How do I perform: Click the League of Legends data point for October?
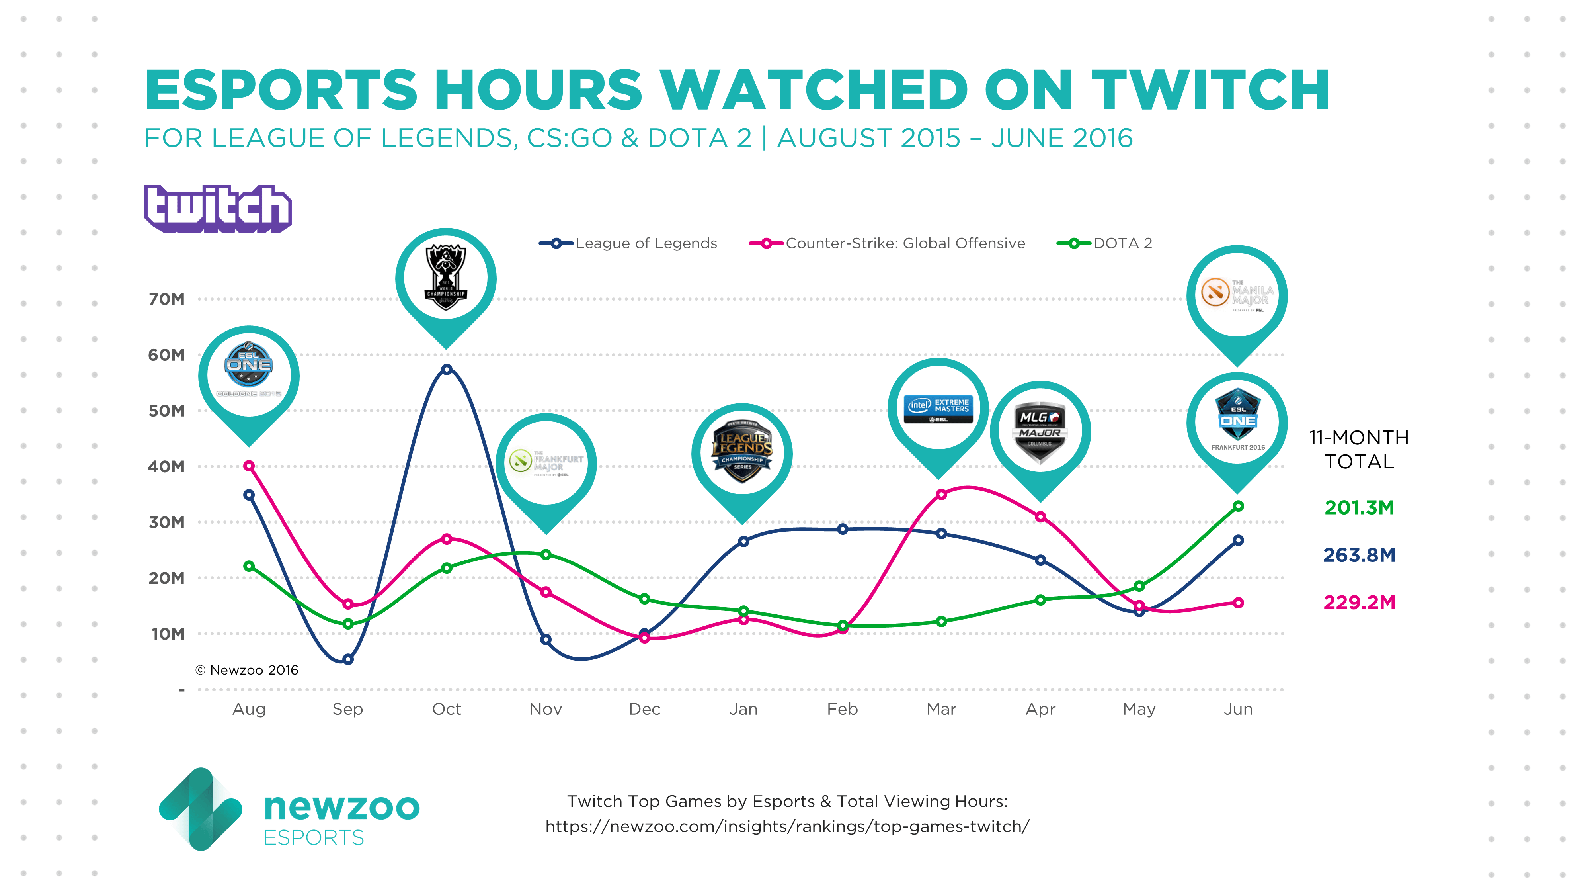pyautogui.click(x=446, y=369)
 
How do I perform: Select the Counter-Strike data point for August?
pyautogui.click(x=249, y=466)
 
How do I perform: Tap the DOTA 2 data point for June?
pyautogui.click(x=1238, y=506)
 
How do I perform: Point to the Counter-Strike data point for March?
pyautogui.click(x=941, y=494)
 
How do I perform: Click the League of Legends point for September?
pyautogui.click(x=348, y=659)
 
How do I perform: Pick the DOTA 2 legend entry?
pyautogui.click(x=1105, y=243)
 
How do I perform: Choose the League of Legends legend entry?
pyautogui.click(x=628, y=243)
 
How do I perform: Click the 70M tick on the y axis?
pyautogui.click(x=167, y=299)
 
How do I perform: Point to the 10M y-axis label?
pyautogui.click(x=168, y=634)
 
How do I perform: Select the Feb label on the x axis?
pyautogui.click(x=842, y=709)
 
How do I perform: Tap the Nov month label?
pyautogui.click(x=546, y=709)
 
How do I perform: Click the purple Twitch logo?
pyautogui.click(x=218, y=209)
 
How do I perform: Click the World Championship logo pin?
pyautogui.click(x=446, y=278)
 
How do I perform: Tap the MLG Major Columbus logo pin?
pyautogui.click(x=1040, y=431)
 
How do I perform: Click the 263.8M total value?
pyautogui.click(x=1359, y=555)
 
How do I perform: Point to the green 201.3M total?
pyautogui.click(x=1359, y=507)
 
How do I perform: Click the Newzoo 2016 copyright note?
pyautogui.click(x=247, y=670)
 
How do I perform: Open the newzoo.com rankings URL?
pyautogui.click(x=787, y=826)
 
